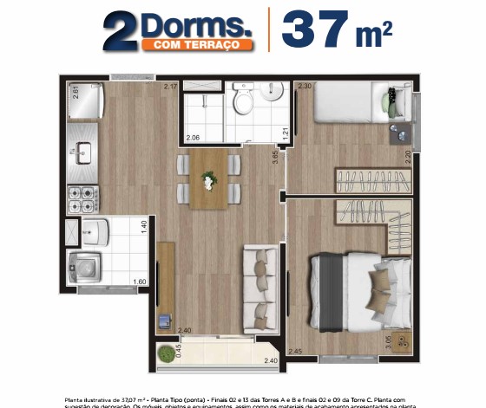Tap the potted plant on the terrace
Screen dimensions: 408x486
163,353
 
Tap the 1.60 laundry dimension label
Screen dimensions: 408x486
139,282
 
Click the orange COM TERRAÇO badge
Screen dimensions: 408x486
198,43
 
